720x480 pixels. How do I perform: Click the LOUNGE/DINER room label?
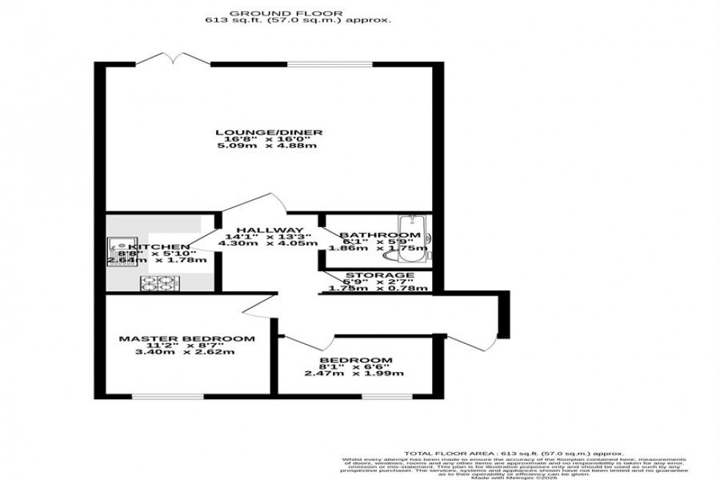268,133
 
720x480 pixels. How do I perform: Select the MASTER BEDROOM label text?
187,339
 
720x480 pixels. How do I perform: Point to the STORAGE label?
375,275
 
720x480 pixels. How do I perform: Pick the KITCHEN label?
158,246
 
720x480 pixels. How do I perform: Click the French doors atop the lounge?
168,58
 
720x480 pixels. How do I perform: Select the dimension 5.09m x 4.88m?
268,146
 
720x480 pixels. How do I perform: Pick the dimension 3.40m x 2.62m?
187,351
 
